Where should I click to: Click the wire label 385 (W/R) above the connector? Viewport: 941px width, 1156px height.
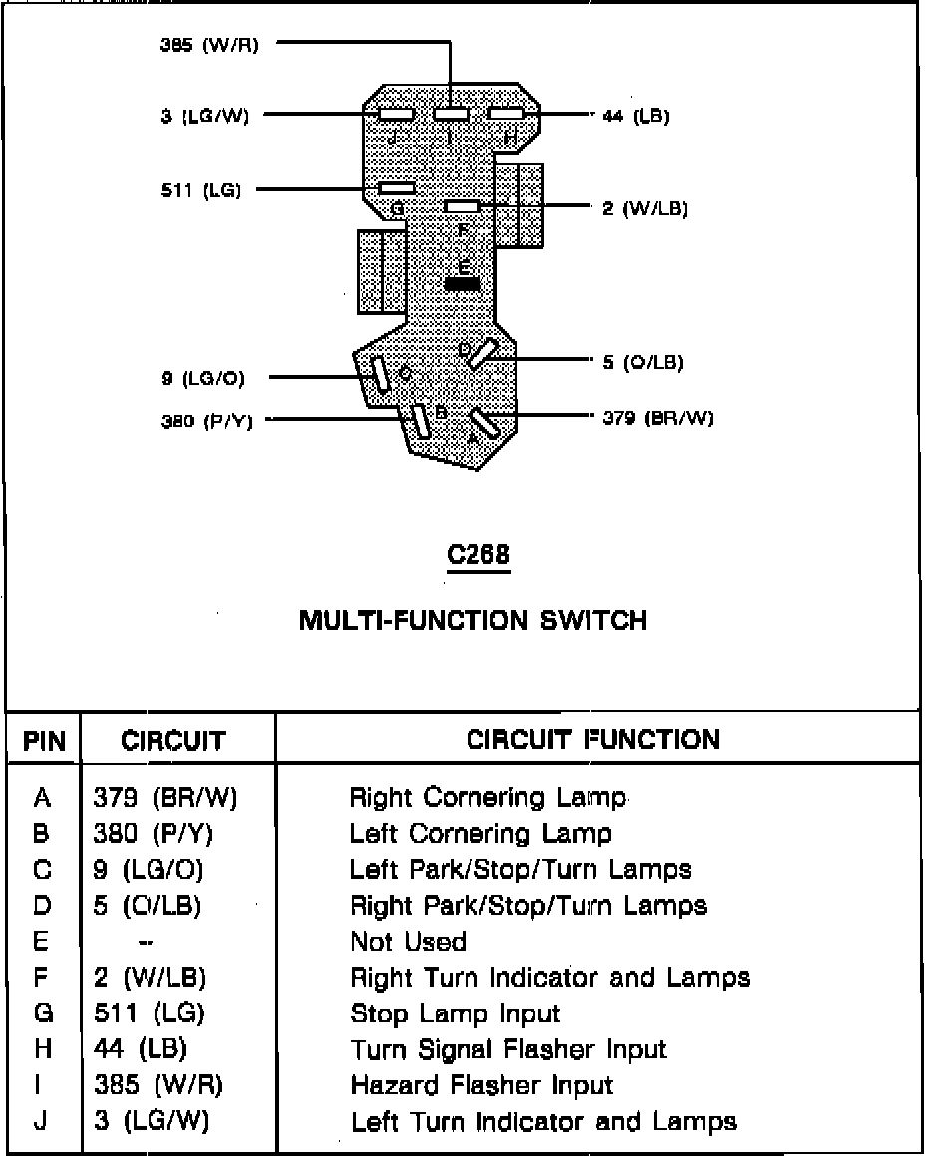pos(208,45)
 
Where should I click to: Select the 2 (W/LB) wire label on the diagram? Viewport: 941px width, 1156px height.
pos(645,209)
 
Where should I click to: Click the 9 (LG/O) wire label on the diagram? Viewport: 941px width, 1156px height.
pos(202,379)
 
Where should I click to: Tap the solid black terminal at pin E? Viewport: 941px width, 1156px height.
pos(463,284)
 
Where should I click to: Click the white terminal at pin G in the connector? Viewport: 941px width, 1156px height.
pos(397,187)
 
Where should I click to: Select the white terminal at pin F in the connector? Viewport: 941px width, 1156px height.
pos(463,206)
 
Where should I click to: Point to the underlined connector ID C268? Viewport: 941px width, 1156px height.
pos(478,556)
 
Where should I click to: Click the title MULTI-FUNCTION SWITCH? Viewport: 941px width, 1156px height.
pos(473,621)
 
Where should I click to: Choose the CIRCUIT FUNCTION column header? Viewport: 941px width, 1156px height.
pos(593,740)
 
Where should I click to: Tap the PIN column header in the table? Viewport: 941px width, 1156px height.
pos(44,742)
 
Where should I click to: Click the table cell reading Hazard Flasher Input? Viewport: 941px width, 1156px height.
pos(481,1085)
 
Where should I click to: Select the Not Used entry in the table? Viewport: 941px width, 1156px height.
pos(408,942)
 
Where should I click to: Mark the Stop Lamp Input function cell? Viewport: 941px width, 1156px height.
pos(455,1014)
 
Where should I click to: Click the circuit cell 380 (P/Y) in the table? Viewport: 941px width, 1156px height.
pos(154,833)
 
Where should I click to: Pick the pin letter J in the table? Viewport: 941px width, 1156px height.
pos(41,1121)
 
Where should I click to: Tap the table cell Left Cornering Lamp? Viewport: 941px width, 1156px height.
pos(480,833)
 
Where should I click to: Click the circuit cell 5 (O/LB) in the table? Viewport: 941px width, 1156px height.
pos(148,906)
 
